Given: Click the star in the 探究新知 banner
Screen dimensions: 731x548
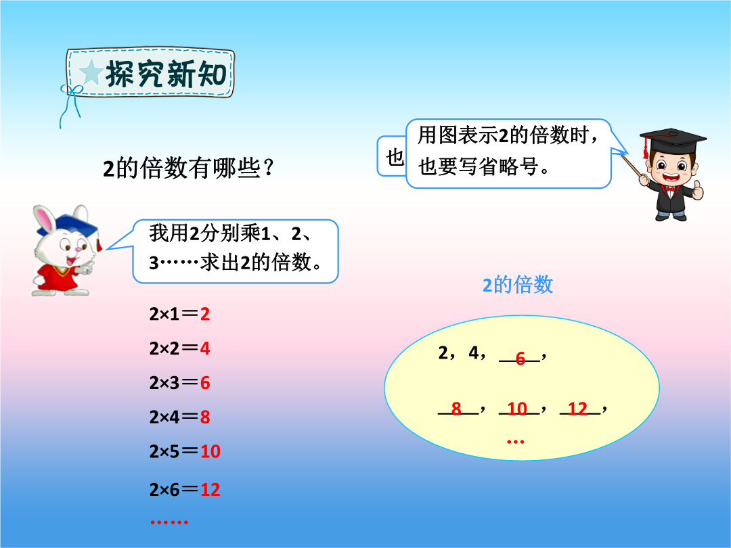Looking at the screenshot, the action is coord(91,72).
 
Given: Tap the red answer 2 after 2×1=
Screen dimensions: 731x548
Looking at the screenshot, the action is coord(205,314).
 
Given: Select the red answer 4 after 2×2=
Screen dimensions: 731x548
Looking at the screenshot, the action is coord(205,348).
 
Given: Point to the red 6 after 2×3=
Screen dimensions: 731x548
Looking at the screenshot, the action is coord(205,383).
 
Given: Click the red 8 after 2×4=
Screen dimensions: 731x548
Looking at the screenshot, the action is coord(205,417).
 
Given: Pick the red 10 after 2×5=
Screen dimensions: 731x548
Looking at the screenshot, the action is coord(211,451).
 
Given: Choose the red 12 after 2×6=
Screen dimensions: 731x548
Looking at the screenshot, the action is coord(211,490).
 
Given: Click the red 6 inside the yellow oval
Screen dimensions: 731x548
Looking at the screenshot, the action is coord(520,359).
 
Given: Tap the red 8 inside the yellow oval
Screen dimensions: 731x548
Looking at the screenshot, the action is coord(456,409).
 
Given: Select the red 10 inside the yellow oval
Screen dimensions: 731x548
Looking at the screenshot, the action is coord(517,409).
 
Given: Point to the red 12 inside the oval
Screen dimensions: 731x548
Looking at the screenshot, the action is coord(577,409).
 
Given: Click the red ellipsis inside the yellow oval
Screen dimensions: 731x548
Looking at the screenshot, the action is coord(516,441).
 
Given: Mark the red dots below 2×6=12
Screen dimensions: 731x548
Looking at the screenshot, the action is coord(169,522).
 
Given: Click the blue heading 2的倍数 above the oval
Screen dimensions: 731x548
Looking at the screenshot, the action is coord(518,285).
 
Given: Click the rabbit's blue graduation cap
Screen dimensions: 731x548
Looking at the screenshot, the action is coord(77,227).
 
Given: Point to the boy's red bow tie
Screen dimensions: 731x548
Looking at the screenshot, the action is coord(671,189).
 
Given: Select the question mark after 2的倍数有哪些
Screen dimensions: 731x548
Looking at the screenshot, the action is coord(268,168).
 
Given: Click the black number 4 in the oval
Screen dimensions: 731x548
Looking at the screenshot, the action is coord(474,352).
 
